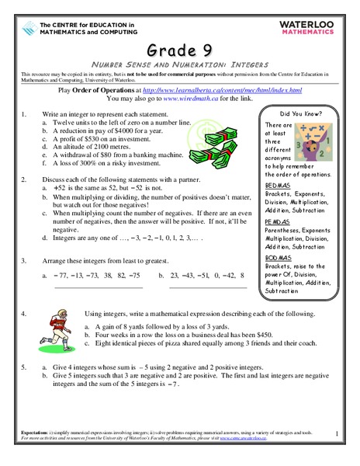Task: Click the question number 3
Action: point(24,260)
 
